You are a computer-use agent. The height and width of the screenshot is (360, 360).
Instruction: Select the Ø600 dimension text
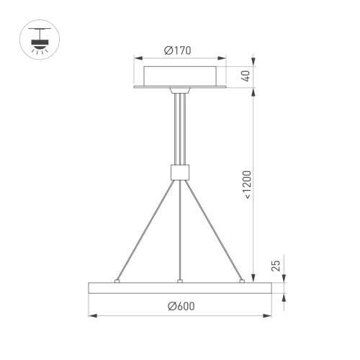tap(180, 307)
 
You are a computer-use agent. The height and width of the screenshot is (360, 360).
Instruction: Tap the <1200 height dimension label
tap(246, 184)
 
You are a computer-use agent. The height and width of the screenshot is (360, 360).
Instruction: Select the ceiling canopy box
tap(180, 76)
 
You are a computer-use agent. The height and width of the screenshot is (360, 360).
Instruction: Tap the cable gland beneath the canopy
tap(179, 91)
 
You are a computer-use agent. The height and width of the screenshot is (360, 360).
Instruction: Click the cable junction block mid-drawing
tap(179, 172)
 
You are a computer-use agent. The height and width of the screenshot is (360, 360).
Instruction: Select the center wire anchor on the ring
tap(179, 281)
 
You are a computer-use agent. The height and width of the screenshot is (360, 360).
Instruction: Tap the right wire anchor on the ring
tap(243, 281)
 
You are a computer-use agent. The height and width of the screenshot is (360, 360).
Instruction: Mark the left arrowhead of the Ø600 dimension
tap(91, 315)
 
